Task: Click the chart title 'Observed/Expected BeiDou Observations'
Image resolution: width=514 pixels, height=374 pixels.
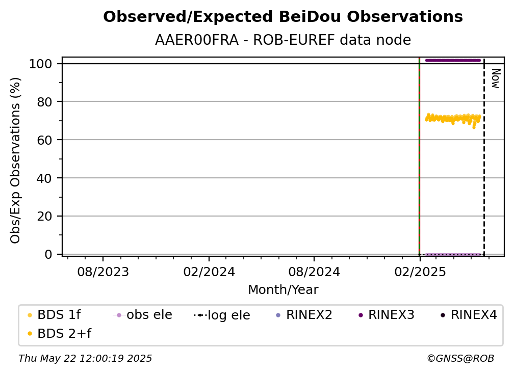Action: click(283, 17)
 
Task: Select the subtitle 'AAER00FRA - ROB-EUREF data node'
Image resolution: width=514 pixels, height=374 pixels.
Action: click(283, 40)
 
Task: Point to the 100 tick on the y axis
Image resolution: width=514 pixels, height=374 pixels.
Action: click(41, 64)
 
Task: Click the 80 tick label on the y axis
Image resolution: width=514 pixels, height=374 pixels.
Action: click(44, 102)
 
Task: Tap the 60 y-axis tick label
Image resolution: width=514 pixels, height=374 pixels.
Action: click(44, 140)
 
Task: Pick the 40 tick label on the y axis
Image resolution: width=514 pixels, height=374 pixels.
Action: click(44, 178)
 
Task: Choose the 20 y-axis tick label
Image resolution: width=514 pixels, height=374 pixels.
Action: click(44, 216)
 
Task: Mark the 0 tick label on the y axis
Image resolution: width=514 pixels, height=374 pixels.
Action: click(48, 254)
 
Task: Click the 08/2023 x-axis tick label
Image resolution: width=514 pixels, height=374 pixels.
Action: click(103, 272)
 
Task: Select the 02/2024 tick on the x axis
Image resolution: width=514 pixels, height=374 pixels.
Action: click(209, 272)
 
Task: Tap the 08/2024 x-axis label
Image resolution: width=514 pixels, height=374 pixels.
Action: click(314, 272)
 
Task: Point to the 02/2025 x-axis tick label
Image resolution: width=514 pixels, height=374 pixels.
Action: click(420, 272)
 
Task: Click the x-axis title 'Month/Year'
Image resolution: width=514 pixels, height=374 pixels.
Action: click(283, 290)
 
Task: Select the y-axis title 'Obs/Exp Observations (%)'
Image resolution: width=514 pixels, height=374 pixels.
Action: click(15, 160)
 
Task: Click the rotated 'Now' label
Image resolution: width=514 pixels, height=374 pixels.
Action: click(496, 78)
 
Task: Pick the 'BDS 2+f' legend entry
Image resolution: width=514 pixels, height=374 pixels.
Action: click(60, 333)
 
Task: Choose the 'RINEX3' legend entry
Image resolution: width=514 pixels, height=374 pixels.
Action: click(387, 315)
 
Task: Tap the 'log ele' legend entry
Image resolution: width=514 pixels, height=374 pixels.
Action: click(222, 315)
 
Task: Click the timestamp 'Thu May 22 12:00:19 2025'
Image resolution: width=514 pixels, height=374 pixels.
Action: click(85, 359)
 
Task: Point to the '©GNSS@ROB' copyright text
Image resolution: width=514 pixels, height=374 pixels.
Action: click(460, 359)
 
